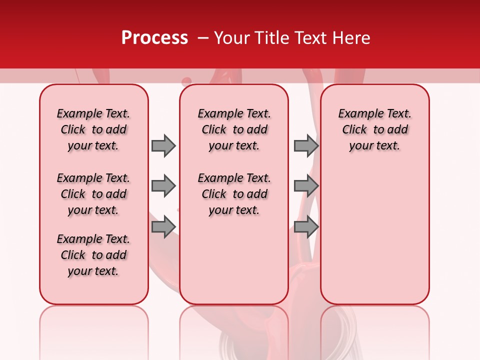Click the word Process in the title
tap(154, 38)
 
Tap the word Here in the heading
tap(352, 38)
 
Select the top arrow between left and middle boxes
tap(163, 145)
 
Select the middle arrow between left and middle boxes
tap(163, 186)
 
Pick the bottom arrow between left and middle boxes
tap(163, 227)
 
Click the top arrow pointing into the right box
tap(306, 145)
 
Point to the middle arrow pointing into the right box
tap(306, 186)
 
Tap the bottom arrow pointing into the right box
tap(306, 227)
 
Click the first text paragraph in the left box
tap(93, 129)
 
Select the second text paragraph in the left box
tap(93, 194)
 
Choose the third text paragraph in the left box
tap(93, 255)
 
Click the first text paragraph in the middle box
tap(234, 129)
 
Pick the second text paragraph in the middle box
tap(234, 194)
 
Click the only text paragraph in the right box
tap(374, 129)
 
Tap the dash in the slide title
tap(203, 38)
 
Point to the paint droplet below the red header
tap(186, 81)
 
